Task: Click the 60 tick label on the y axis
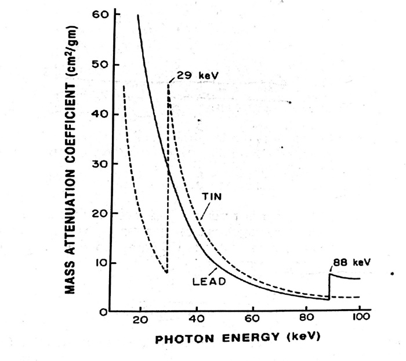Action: click(100, 14)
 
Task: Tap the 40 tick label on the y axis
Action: click(100, 114)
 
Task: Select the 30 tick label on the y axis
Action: click(100, 165)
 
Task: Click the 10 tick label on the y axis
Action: click(100, 263)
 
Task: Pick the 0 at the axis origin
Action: click(104, 313)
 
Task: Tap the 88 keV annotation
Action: click(350, 262)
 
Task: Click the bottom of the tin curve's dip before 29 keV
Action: click(166, 271)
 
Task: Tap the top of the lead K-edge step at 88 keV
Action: click(330, 274)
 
